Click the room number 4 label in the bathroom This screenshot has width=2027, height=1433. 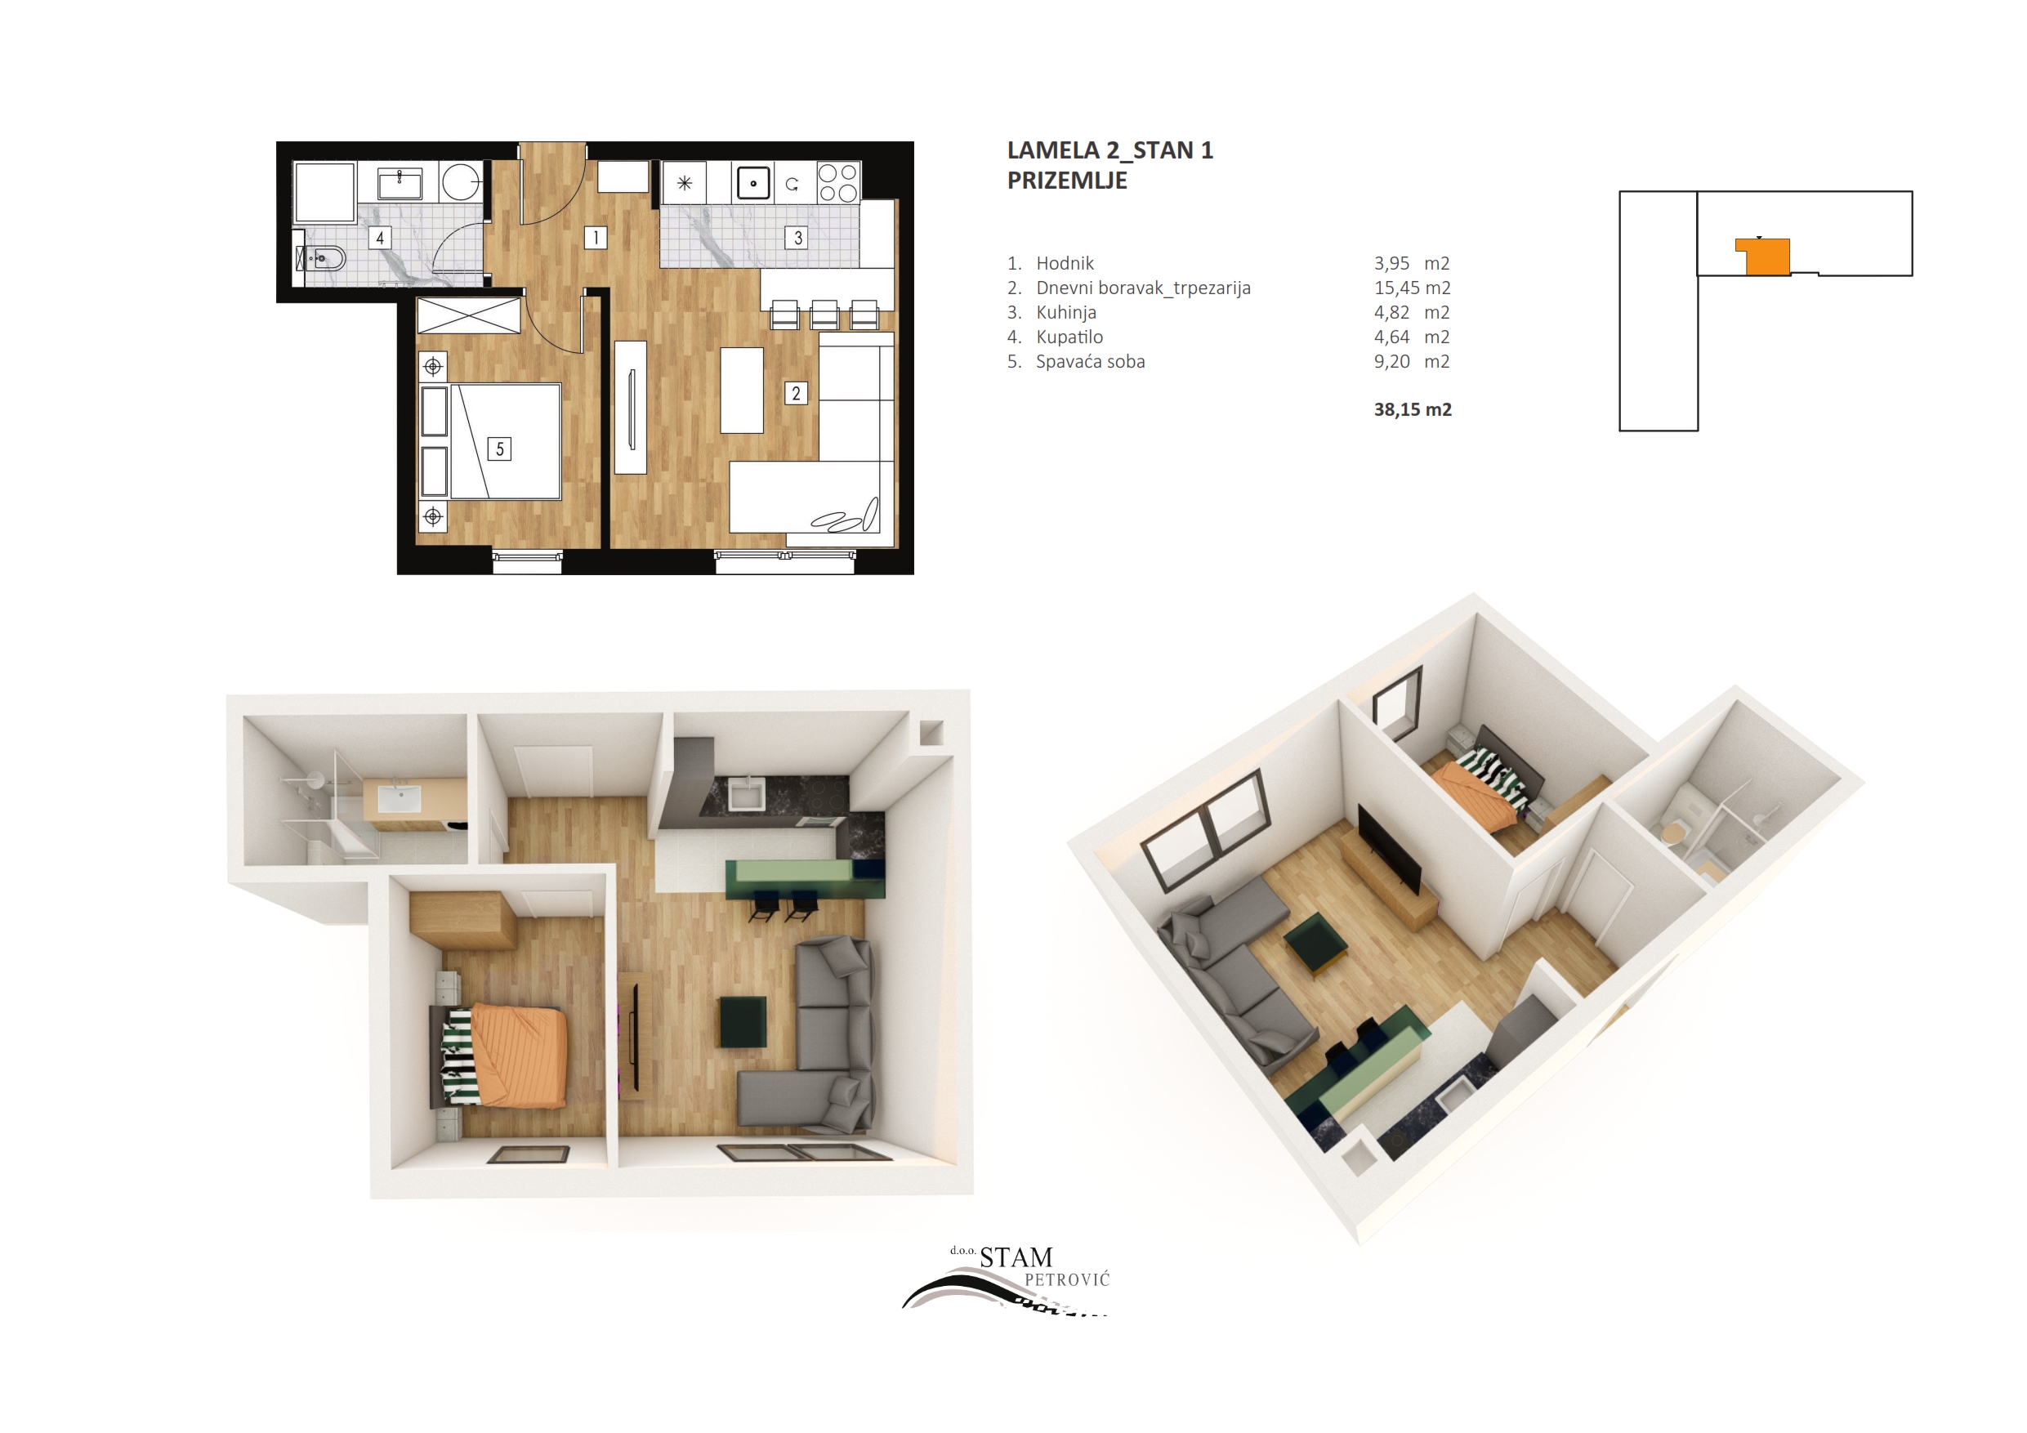380,238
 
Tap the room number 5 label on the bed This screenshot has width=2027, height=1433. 500,449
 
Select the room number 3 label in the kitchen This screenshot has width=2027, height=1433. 798,238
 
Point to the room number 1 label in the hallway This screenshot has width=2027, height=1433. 596,238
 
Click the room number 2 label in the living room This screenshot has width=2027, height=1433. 797,393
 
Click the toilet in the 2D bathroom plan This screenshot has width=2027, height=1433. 321,259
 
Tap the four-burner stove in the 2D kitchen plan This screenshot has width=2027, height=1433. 837,183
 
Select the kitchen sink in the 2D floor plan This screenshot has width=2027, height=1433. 753,184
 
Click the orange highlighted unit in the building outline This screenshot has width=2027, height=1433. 1765,256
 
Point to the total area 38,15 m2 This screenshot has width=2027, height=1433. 1413,409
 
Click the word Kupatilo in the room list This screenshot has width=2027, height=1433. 1069,337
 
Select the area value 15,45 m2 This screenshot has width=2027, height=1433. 1413,288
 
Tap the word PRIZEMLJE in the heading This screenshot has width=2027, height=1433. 1067,180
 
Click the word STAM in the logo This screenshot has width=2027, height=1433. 1016,1257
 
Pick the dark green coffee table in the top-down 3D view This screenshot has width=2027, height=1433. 743,1021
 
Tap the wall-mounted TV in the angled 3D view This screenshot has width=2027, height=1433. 1389,850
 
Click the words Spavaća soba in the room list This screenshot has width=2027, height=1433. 1091,361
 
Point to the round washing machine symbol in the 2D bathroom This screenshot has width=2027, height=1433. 461,183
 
